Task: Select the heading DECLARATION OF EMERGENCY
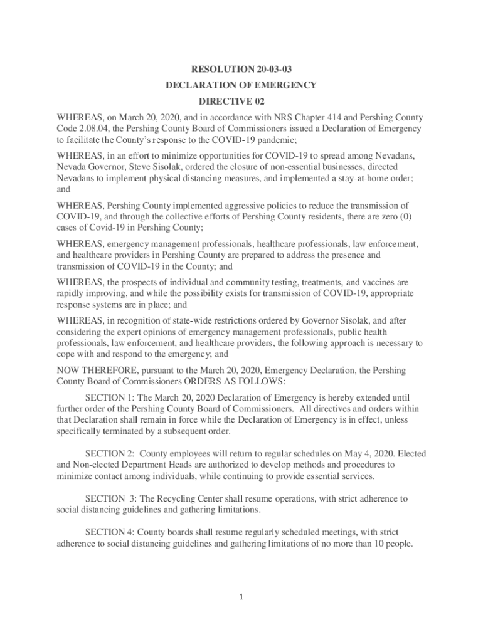[x=241, y=85]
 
